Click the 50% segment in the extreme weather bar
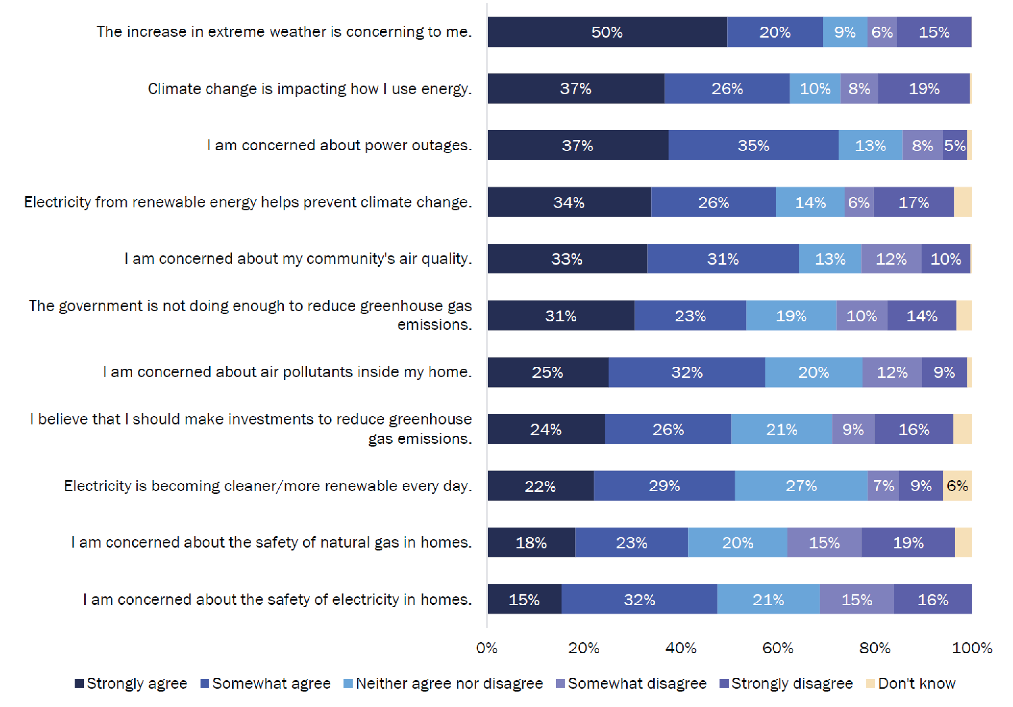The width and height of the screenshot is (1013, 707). click(x=607, y=32)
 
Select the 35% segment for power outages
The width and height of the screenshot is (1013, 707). click(x=753, y=145)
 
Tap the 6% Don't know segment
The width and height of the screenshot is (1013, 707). click(x=957, y=486)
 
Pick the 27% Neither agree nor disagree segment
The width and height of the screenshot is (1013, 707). click(x=801, y=486)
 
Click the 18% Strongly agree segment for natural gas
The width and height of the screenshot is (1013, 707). click(x=531, y=542)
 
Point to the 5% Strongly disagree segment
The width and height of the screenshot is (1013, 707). click(x=954, y=145)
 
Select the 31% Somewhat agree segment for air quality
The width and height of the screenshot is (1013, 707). click(x=723, y=259)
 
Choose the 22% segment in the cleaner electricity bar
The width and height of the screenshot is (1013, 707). click(x=540, y=486)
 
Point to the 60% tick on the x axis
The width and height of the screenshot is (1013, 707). click(x=777, y=648)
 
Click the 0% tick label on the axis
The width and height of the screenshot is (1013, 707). click(x=486, y=648)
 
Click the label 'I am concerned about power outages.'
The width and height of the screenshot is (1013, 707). click(x=339, y=145)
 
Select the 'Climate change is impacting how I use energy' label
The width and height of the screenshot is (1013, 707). click(x=309, y=89)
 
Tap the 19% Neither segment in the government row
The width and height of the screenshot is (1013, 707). click(x=791, y=316)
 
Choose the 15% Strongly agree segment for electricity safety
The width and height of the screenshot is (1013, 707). click(x=524, y=599)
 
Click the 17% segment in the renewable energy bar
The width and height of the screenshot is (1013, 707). click(x=914, y=202)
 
